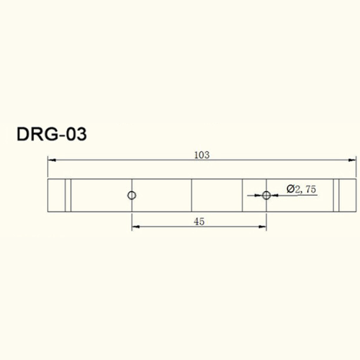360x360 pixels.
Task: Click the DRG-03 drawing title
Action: pos(52,135)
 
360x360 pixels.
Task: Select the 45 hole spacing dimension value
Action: pos(199,222)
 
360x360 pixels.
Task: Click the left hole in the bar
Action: pos(131,195)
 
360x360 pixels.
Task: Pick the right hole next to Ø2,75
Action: pos(266,195)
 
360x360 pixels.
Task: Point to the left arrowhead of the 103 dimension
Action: pos(50,161)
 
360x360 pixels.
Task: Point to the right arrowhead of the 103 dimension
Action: pos(354,161)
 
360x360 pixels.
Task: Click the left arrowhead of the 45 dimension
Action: pos(135,229)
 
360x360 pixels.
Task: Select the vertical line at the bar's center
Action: pos(192,195)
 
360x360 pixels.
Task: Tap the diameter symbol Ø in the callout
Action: pos(289,189)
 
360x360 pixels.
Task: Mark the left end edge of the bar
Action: pos(48,195)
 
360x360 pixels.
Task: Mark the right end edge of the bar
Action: pos(356,195)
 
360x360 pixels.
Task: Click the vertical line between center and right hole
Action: pos(243,195)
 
